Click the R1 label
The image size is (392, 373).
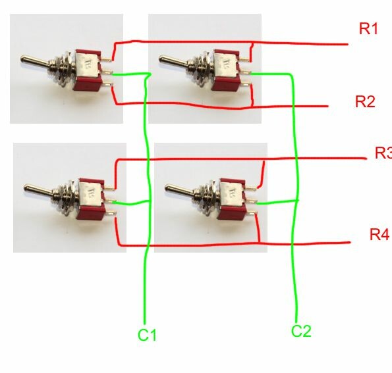[368, 29]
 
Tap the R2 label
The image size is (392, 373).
[365, 101]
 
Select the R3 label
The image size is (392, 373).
[383, 153]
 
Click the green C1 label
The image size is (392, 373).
[147, 335]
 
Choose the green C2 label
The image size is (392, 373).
[301, 331]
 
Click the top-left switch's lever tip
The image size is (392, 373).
[24, 59]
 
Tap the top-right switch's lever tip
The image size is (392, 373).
[162, 59]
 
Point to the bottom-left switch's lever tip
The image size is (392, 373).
[27, 188]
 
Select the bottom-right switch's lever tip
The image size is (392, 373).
[168, 188]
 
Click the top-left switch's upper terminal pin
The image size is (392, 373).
[107, 59]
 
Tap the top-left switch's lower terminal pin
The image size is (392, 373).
[107, 85]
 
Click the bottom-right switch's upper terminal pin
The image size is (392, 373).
[251, 188]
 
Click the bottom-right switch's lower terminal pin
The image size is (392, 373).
[252, 213]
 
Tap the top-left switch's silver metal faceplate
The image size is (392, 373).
[86, 65]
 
